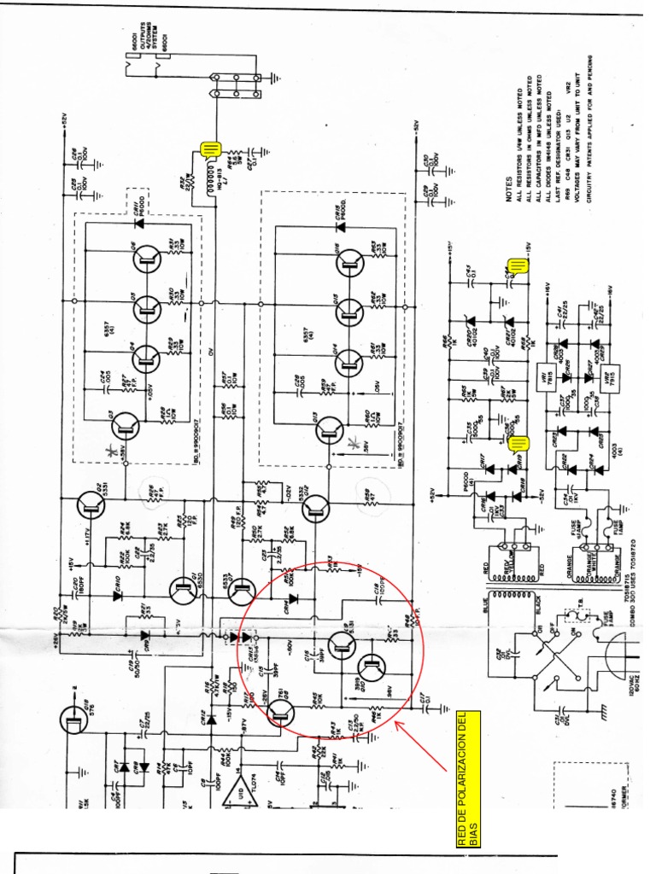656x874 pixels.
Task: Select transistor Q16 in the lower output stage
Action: pos(349,264)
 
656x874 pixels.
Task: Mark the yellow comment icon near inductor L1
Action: pos(209,151)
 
